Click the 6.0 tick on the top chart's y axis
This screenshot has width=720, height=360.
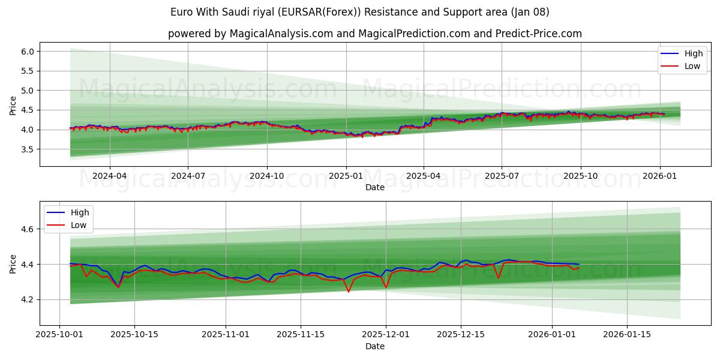tap(28, 52)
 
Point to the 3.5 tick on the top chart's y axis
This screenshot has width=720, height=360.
tap(28, 149)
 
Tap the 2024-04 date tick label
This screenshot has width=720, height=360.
tap(109, 176)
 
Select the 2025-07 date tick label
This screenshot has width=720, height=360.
tap(502, 176)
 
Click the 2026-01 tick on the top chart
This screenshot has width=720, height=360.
tap(659, 176)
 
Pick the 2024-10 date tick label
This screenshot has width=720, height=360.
tap(266, 176)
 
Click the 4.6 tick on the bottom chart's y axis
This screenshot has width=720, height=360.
tap(28, 229)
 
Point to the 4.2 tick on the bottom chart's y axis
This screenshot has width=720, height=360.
tap(28, 299)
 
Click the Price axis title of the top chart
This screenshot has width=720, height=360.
tap(13, 105)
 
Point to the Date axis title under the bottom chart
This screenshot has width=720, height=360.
tap(375, 346)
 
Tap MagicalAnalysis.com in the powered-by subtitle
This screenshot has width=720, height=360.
tap(281, 34)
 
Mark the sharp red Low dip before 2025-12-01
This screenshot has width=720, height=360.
tap(349, 292)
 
